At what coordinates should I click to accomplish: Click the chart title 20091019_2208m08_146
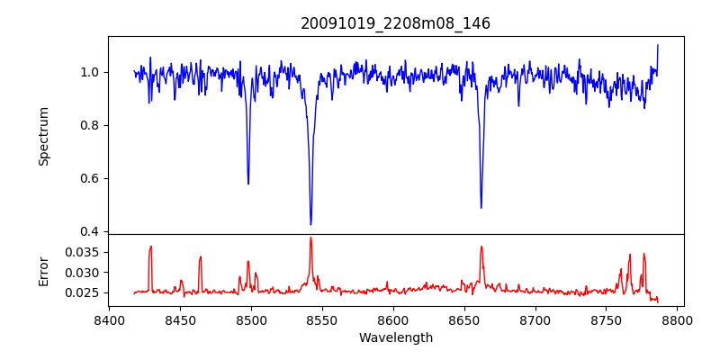coord(395,23)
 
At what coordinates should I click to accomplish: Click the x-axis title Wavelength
coord(395,337)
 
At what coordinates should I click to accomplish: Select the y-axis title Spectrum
coord(43,136)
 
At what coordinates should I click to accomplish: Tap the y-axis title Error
coord(43,270)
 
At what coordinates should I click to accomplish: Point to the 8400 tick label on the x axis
coord(109,319)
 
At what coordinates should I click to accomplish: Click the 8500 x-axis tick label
coord(251,319)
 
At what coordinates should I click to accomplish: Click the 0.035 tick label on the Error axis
coord(84,252)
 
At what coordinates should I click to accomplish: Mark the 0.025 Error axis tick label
coord(84,292)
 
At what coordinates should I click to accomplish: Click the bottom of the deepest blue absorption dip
coord(310,224)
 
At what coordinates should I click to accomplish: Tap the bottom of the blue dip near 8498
coord(248,184)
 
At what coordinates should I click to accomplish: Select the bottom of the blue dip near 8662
coord(481,208)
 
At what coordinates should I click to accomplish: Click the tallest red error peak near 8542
coord(310,238)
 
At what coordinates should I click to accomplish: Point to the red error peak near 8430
coord(151,246)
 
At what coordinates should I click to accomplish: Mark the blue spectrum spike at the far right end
coord(658,45)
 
